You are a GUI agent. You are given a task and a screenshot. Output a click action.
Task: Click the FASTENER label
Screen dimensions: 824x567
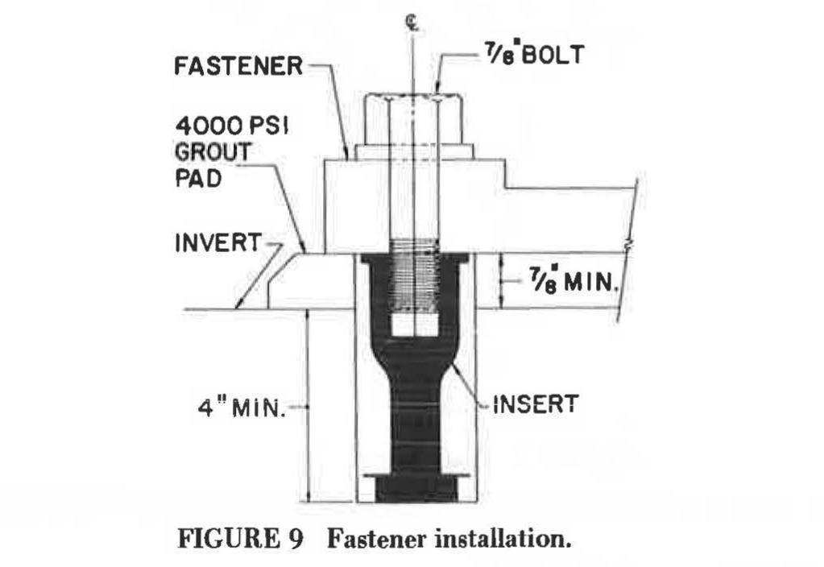238,67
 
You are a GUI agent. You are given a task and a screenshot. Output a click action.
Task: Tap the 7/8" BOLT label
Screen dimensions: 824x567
535,54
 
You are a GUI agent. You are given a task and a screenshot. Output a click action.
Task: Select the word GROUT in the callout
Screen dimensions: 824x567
213,152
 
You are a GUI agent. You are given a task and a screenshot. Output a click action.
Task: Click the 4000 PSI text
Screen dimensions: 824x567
232,126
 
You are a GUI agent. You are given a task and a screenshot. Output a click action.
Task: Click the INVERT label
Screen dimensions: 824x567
217,242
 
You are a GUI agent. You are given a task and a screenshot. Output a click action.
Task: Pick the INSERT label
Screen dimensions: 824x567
536,404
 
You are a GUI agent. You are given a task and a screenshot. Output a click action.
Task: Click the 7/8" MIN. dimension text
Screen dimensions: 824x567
572,282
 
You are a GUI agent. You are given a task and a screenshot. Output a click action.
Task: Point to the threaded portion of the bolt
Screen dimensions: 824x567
415,273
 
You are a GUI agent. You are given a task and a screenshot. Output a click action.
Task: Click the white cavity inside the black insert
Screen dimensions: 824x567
415,325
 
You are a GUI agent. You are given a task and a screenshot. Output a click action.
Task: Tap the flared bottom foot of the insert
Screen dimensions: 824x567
415,487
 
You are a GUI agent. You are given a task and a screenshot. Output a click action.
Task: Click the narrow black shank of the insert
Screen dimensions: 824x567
415,420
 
